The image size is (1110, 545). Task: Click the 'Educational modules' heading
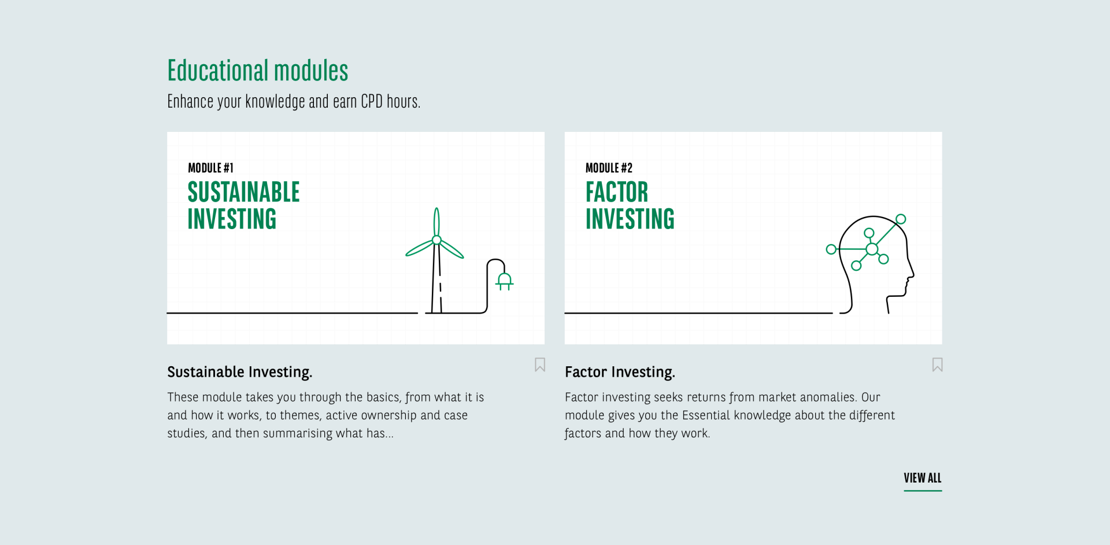258,71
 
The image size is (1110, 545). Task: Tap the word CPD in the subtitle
372,101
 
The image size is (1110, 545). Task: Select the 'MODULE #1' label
210,168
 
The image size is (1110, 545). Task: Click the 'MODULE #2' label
609,168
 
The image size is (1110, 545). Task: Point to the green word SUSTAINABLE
243,192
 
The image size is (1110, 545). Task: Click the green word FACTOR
617,192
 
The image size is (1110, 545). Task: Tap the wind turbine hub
436,240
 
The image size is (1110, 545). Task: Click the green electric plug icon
505,281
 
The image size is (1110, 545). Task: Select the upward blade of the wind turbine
436,222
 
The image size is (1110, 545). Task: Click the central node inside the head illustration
872,249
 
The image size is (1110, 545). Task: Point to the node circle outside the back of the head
831,249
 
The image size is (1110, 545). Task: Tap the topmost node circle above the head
901,219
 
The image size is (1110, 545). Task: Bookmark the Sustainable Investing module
540,364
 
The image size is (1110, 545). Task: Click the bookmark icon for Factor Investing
937,364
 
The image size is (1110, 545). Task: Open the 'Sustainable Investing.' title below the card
240,372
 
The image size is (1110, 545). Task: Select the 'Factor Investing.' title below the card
620,372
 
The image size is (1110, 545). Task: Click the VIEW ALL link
923,478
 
